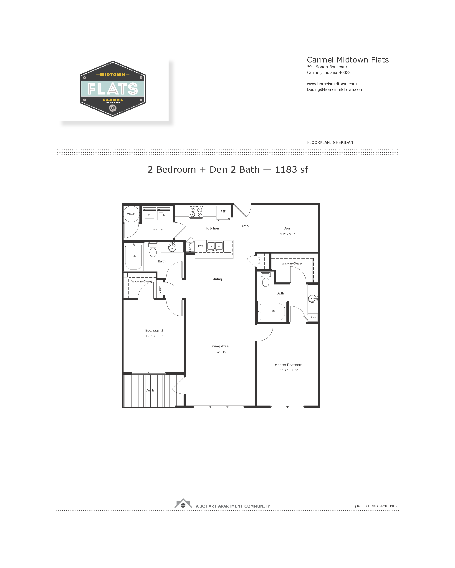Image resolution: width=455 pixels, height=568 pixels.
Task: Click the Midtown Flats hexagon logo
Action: click(113, 89)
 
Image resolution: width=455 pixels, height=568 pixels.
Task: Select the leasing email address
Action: click(335, 90)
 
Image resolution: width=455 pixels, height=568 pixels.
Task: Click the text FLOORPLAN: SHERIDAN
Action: click(330, 142)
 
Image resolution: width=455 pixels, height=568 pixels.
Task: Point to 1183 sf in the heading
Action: click(291, 169)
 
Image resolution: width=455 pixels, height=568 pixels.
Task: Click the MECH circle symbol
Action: click(131, 214)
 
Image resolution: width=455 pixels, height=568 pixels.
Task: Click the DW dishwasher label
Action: click(200, 246)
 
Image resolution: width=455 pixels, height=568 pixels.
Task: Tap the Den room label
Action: click(286, 228)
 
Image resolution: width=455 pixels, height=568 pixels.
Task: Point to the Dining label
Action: click(217, 279)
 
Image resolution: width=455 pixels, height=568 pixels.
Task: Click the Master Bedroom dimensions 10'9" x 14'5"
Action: click(288, 370)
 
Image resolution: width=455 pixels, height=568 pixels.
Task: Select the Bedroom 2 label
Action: click(154, 330)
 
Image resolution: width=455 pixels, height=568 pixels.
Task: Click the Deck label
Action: click(149, 390)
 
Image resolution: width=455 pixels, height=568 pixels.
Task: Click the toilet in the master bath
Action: click(266, 279)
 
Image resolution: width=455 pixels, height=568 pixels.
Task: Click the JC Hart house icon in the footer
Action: click(183, 503)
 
